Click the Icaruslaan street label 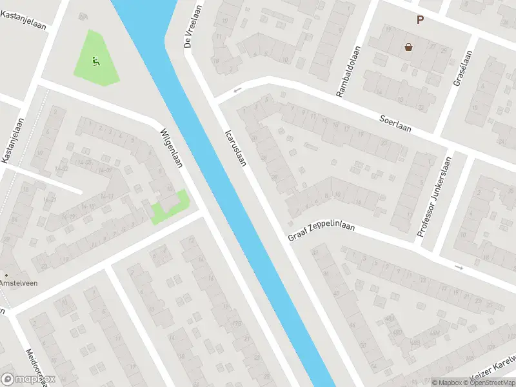click(235, 148)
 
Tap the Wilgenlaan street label click(171, 148)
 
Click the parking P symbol click(420, 20)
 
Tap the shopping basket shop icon click(408, 46)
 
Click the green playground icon click(96, 62)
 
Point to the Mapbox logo click(28, 379)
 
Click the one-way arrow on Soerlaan click(237, 90)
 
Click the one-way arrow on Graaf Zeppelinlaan click(459, 268)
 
